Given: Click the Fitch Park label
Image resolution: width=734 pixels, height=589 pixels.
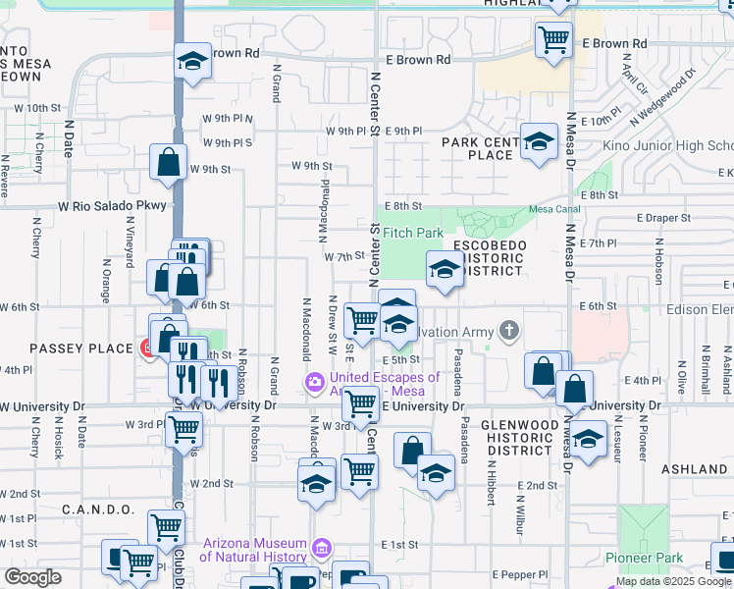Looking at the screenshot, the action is tap(412, 233).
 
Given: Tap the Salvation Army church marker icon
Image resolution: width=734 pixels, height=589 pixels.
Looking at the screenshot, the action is tap(508, 331).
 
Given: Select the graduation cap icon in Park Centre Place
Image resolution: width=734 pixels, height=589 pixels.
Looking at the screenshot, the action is tap(538, 143).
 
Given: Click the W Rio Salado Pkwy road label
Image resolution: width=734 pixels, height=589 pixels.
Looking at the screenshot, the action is tap(112, 206).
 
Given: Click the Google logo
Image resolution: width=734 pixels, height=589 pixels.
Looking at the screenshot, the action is tap(32, 576).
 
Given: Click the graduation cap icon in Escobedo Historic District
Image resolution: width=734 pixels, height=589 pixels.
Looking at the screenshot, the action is tap(444, 269).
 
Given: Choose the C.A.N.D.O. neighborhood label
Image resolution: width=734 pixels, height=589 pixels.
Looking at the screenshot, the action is tap(97, 509).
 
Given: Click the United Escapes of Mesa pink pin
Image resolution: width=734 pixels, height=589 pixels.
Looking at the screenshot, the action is tap(315, 381).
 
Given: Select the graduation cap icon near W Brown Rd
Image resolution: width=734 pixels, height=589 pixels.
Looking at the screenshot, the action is tap(193, 61).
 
